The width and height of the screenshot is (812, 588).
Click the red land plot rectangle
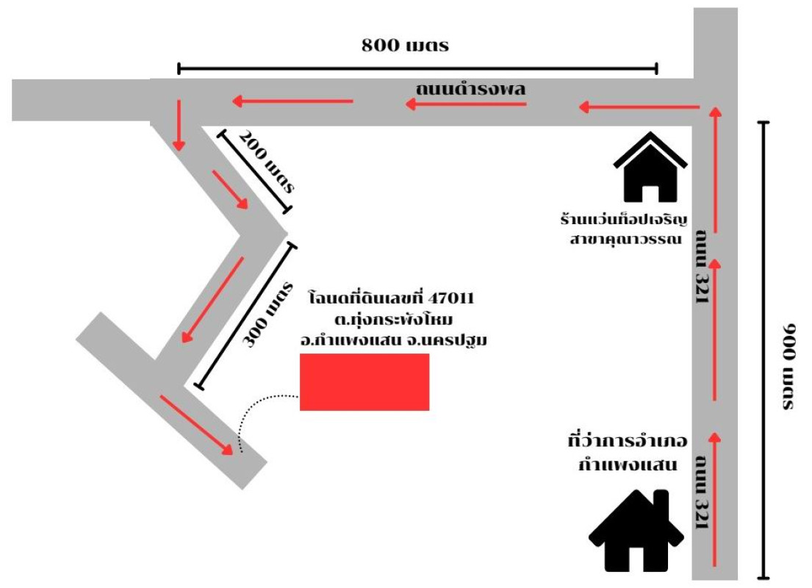364,381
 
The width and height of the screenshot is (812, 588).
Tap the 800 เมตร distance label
405,45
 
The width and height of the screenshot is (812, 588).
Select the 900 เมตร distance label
788,367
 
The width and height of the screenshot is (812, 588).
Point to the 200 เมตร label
266,161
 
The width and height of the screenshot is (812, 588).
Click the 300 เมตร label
267,315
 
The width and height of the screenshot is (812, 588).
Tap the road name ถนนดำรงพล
470,89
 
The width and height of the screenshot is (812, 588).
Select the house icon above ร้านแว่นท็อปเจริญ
650,167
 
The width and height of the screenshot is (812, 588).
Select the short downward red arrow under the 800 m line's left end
179,126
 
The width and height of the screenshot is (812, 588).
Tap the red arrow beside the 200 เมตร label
230,190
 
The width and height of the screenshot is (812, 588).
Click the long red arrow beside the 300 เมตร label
212,300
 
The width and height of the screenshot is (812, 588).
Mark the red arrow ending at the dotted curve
197,426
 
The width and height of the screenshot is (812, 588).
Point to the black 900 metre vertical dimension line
763,350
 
